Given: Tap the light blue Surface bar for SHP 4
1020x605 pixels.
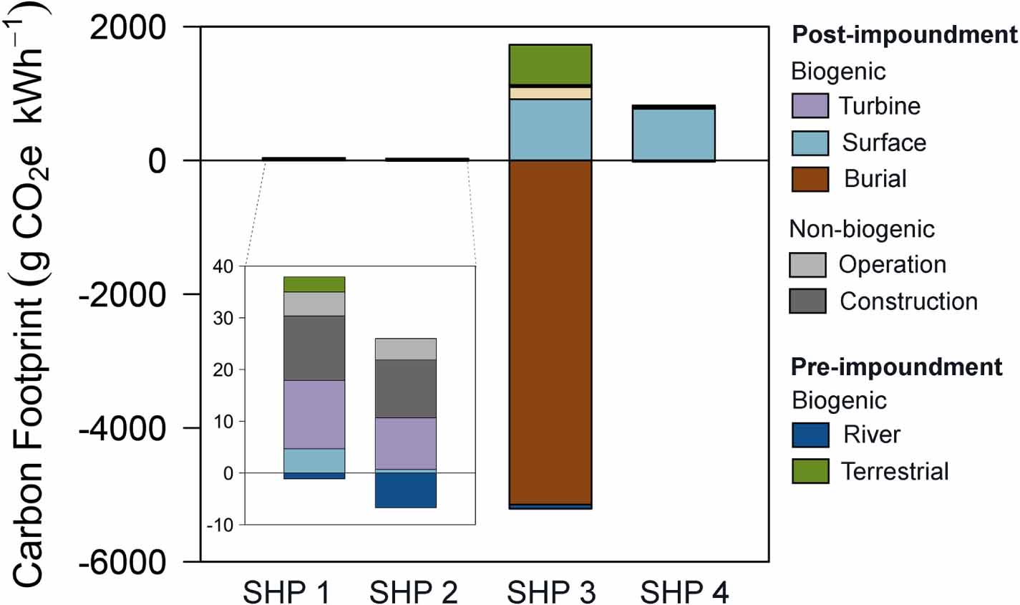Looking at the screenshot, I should click(x=674, y=135).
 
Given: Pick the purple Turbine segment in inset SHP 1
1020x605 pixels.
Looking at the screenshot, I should click(x=314, y=414).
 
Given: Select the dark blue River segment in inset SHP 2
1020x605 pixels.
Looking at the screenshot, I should click(x=405, y=490).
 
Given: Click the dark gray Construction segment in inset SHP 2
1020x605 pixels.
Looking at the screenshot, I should click(x=405, y=388).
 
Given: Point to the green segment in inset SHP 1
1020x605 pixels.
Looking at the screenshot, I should click(x=314, y=284).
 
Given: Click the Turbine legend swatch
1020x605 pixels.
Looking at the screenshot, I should click(x=810, y=106).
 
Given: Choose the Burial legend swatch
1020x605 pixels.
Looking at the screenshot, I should click(x=810, y=179).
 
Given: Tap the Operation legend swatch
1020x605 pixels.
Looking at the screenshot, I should click(x=807, y=265).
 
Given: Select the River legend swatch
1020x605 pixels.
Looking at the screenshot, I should click(x=810, y=435).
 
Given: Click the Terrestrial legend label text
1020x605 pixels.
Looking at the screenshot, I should click(x=894, y=471).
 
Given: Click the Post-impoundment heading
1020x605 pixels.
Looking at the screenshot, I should click(x=904, y=34).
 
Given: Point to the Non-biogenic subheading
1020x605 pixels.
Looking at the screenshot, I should click(x=861, y=229).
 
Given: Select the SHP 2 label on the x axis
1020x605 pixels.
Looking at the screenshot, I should click(x=413, y=591).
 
